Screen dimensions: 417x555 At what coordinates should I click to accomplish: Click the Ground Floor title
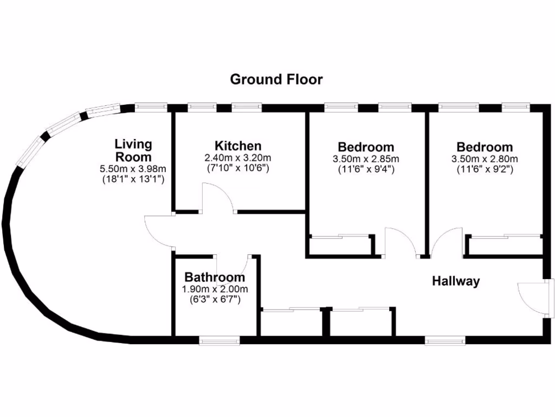(x=276, y=79)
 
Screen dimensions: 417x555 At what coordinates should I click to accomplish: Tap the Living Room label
(x=133, y=150)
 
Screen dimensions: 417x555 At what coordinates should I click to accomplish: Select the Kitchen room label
(x=238, y=146)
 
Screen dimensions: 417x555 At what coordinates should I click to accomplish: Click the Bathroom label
(x=210, y=277)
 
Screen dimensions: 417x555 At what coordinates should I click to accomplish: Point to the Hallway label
(x=456, y=281)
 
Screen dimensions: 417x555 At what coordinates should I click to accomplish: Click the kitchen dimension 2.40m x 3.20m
(x=238, y=158)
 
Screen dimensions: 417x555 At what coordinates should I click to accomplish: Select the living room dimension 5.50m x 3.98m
(x=133, y=169)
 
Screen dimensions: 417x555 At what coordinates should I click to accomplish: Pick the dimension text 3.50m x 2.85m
(x=366, y=159)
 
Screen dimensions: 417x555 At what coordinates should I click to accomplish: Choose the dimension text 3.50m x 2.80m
(x=485, y=159)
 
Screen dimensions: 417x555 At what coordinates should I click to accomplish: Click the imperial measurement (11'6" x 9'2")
(x=485, y=169)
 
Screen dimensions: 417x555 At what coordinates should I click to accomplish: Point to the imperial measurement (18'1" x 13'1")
(x=133, y=179)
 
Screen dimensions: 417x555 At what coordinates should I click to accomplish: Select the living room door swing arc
(x=158, y=232)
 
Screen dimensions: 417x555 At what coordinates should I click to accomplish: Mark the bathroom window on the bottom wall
(x=219, y=340)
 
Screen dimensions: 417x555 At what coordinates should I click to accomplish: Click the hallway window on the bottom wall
(x=445, y=340)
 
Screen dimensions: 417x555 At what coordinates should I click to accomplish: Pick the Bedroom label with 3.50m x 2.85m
(x=366, y=147)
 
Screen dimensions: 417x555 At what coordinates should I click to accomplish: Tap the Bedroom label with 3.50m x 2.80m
(x=485, y=147)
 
